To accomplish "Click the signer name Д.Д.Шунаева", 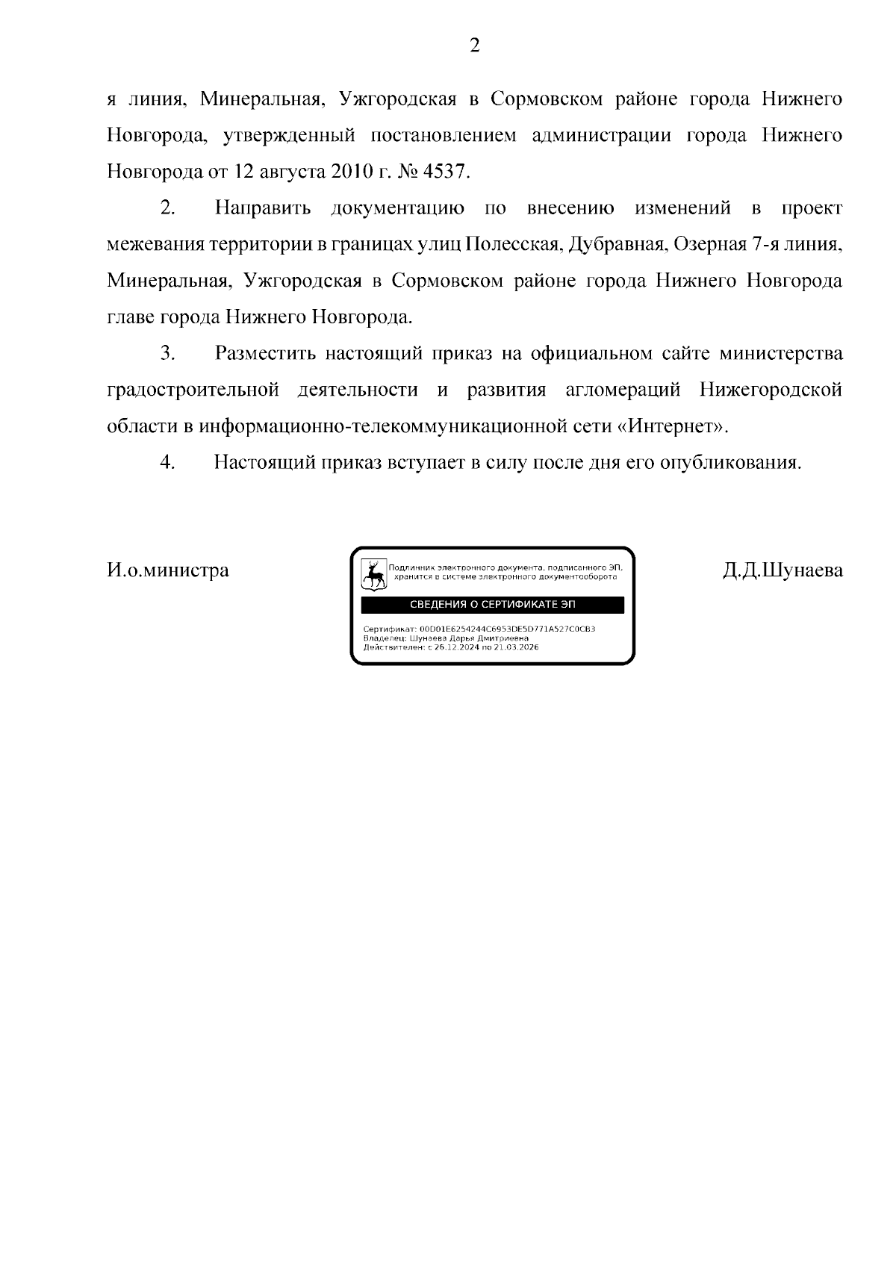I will coord(783,570).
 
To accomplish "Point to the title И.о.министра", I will coord(168,570).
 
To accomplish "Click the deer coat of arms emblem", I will coord(373,574).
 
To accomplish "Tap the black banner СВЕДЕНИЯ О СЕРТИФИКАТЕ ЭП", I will coord(493,605).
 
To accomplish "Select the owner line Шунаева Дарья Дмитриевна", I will coord(470,638).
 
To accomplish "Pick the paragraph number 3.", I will coord(167,353).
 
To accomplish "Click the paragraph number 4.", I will coord(167,463).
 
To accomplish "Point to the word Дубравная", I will coord(617,244).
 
